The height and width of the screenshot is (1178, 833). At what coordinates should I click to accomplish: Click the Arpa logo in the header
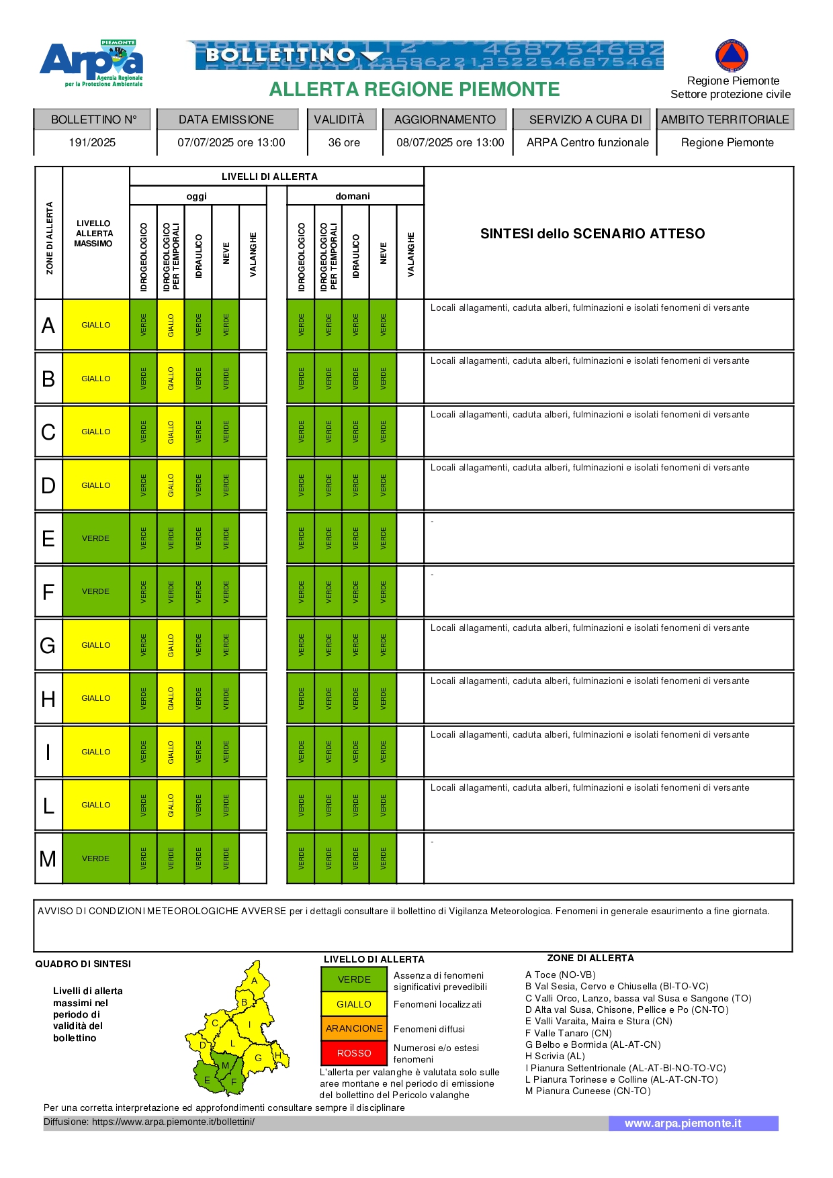[91, 63]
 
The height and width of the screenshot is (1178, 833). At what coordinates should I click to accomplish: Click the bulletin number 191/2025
[92, 142]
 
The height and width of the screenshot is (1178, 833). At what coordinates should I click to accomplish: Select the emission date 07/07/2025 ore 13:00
[231, 142]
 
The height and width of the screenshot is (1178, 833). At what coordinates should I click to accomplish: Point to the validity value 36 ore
[344, 142]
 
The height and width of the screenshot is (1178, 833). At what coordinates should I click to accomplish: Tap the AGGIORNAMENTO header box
[445, 119]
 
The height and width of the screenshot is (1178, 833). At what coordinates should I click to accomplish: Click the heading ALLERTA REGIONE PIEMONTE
[414, 89]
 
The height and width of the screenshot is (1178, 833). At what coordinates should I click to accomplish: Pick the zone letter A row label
[48, 325]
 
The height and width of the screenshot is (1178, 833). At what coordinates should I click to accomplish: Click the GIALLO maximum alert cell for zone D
[96, 485]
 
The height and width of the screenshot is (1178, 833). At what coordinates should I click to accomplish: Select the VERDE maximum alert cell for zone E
[96, 538]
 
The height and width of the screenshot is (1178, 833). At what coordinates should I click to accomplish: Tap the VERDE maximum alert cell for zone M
[96, 858]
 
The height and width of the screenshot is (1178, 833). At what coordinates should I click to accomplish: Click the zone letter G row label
[48, 646]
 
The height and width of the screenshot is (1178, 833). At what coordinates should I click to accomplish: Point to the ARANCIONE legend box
[354, 1028]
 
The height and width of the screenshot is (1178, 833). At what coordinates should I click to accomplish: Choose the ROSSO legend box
[354, 1053]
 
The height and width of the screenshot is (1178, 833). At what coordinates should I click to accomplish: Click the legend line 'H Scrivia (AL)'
[555, 1056]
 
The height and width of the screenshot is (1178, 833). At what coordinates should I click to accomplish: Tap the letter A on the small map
[255, 981]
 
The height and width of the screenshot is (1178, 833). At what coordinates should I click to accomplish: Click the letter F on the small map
[234, 1082]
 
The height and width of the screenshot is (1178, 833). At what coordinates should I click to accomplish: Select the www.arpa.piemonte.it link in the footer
[683, 1123]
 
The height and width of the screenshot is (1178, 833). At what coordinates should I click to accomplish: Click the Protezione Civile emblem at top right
[732, 56]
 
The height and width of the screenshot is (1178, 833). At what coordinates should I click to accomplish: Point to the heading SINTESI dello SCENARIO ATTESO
[593, 234]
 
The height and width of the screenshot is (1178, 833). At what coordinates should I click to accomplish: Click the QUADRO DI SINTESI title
[83, 964]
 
